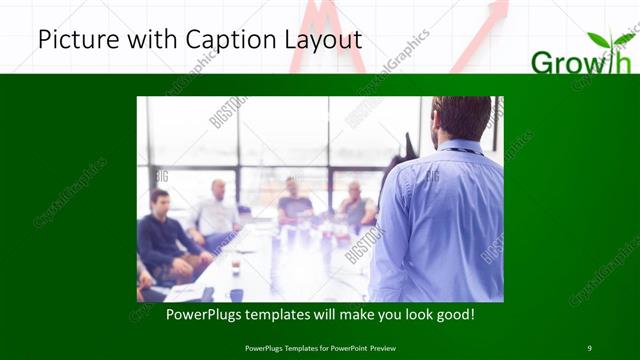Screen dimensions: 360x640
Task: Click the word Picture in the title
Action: click(74, 40)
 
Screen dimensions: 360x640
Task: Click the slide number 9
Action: click(589, 348)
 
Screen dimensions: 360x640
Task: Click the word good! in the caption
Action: click(455, 315)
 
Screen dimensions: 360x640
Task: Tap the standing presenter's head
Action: click(463, 117)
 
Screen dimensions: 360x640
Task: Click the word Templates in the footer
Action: click(297, 348)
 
